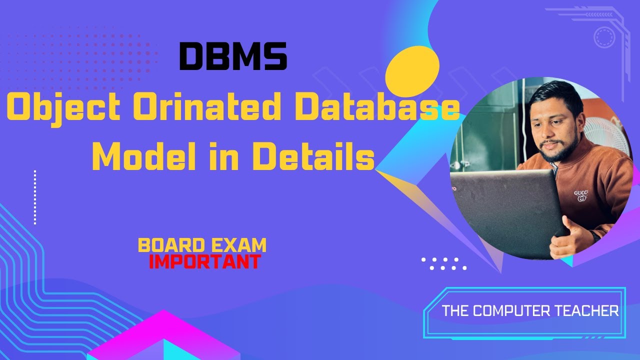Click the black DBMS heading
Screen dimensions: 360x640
[x=233, y=55]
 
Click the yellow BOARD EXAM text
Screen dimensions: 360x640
[x=202, y=245]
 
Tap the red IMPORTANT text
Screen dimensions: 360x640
[x=204, y=261]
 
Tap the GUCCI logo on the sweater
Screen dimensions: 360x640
[x=581, y=195]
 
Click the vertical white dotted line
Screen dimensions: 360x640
[x=35, y=197]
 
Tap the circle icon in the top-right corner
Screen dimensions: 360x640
[x=603, y=37]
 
